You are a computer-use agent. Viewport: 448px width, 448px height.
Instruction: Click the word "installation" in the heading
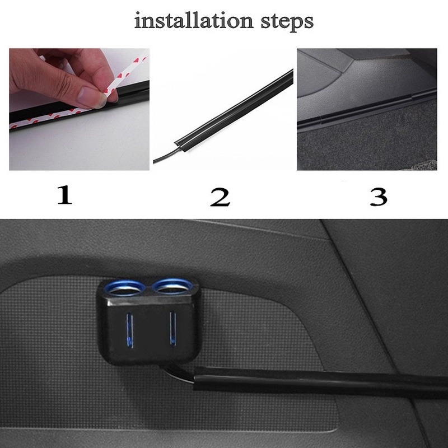194,21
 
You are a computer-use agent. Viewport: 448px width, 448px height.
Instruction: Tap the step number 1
65,195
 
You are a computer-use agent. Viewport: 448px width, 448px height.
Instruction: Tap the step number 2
220,197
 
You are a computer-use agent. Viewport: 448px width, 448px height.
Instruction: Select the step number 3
379,197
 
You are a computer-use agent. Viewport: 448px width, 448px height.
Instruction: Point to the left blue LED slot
130,329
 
